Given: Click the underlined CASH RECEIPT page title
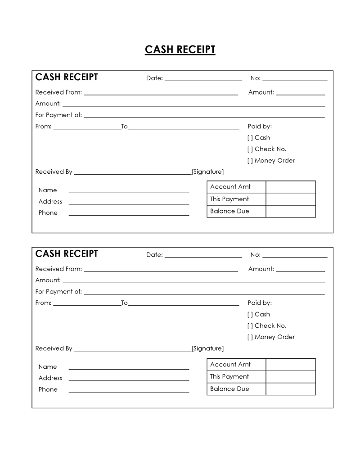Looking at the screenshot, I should [x=180, y=50].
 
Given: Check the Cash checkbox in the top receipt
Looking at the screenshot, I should [x=250, y=138].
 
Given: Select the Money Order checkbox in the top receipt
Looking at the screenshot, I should [x=250, y=161].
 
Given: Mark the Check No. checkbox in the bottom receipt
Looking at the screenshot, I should [x=250, y=326].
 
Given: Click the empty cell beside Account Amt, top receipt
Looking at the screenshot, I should [x=290, y=187].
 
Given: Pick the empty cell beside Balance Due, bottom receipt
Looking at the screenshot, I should [x=290, y=389].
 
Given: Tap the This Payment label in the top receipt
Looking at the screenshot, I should [x=229, y=199].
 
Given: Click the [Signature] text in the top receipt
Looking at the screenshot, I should [x=207, y=172].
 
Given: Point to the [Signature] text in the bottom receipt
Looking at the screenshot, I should [x=207, y=348].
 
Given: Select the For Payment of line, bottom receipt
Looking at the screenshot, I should [x=204, y=293].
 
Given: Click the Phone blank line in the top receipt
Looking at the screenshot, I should [x=129, y=214].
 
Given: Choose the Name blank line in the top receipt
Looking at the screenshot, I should [x=129, y=192].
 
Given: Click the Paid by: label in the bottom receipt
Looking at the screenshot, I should [x=260, y=303].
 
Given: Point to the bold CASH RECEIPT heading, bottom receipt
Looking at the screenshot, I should [x=67, y=254].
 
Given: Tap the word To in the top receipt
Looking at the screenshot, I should [x=124, y=127].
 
